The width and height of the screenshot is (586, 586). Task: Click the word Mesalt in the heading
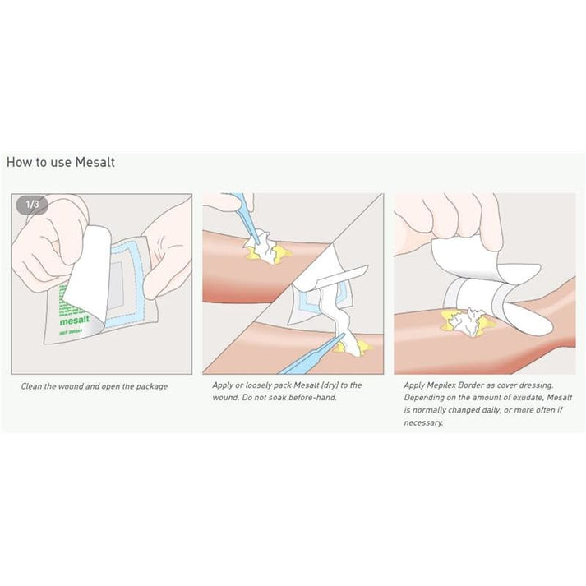click(x=95, y=162)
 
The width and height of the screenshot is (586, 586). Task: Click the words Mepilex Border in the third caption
click(x=454, y=385)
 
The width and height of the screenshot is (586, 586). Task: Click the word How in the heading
click(x=18, y=162)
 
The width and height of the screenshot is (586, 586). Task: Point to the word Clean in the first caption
click(x=33, y=385)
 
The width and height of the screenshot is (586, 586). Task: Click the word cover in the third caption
click(x=506, y=385)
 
